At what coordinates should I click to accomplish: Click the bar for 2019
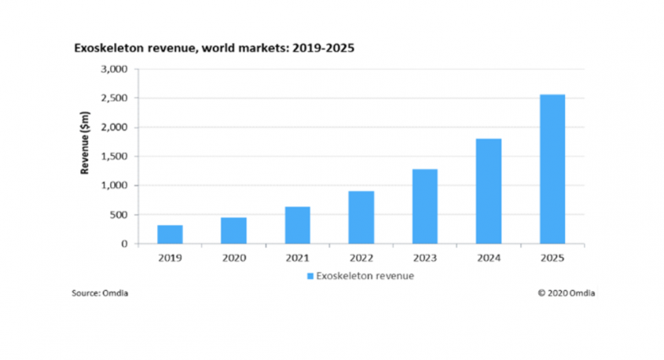(x=170, y=234)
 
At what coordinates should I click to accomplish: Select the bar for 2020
(x=233, y=230)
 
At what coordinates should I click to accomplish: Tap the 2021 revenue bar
(x=297, y=225)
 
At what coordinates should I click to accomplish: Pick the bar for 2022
(x=361, y=217)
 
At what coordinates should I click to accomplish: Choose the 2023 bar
(x=424, y=206)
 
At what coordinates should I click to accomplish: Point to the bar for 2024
(x=488, y=191)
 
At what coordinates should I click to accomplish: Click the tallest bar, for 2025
(x=552, y=169)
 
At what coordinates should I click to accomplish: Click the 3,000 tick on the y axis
(x=115, y=69)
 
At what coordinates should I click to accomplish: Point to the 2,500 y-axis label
(x=115, y=98)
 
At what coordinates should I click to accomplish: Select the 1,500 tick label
(x=115, y=156)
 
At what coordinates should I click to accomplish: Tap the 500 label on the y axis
(x=120, y=215)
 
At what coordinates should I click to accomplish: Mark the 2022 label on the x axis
(x=361, y=257)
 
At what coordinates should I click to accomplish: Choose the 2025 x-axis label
(x=552, y=257)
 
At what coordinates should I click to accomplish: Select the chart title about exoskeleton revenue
(x=214, y=48)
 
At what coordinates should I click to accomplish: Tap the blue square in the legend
(x=310, y=276)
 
